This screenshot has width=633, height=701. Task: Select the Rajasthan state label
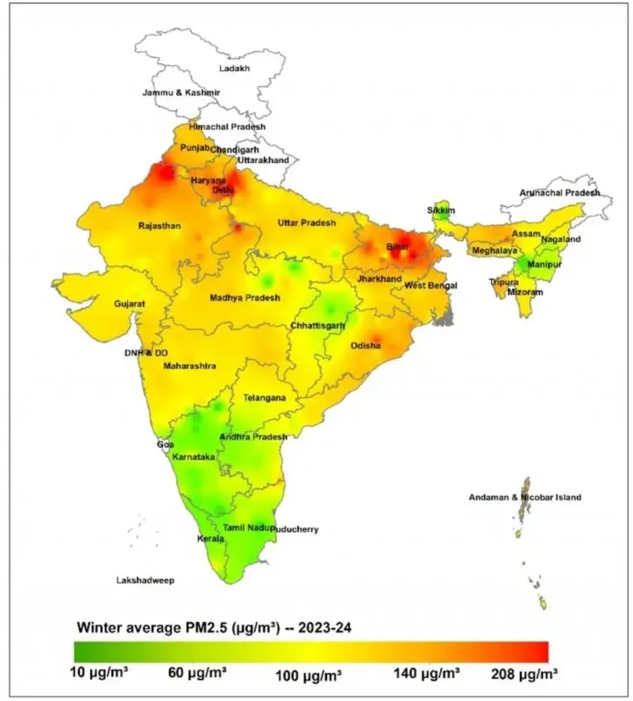click(x=160, y=226)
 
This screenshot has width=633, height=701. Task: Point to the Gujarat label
click(x=129, y=304)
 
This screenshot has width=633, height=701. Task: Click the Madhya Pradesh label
click(x=245, y=298)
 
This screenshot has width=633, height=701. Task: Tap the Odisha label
click(x=366, y=346)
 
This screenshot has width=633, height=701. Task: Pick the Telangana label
click(x=264, y=398)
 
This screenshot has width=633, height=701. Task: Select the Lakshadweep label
click(x=146, y=580)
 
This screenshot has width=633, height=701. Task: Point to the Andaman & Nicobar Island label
click(x=524, y=498)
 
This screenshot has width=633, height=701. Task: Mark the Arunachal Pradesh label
click(x=559, y=193)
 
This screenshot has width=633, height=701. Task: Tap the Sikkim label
click(x=441, y=210)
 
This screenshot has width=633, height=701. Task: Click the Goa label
click(x=166, y=444)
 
